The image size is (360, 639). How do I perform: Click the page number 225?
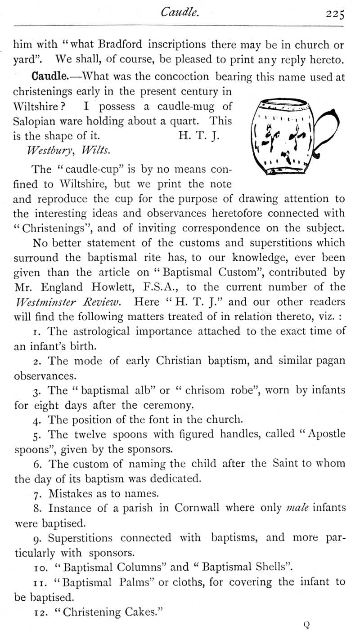[x=335, y=15]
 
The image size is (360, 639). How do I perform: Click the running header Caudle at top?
[x=180, y=14]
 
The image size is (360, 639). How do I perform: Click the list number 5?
[x=36, y=435]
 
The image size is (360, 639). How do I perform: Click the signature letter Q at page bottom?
[x=307, y=625]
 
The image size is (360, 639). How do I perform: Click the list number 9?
[x=37, y=538]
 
